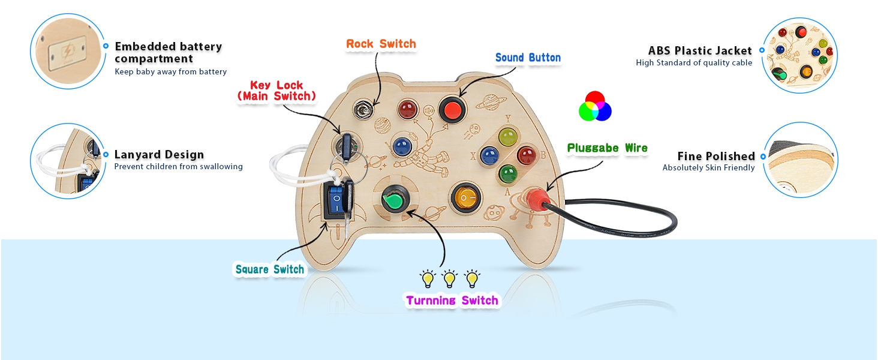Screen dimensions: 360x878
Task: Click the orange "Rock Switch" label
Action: coord(381,44)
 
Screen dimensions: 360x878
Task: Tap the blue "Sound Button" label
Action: coord(528,58)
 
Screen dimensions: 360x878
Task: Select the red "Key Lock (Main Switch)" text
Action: coord(276,91)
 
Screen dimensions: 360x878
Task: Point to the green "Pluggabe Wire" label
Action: coord(607,148)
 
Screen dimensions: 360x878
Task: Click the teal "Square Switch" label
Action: coord(270,270)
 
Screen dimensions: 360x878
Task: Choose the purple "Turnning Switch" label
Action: coord(452,301)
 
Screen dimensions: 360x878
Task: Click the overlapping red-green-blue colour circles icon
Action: coord(594,106)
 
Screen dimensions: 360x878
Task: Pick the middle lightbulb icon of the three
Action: coord(450,278)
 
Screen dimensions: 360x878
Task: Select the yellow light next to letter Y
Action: coord(507,137)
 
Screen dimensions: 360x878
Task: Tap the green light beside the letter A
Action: coord(508,173)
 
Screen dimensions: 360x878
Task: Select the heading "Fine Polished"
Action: coord(715,157)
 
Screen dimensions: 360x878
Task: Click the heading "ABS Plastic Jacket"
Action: coord(700,50)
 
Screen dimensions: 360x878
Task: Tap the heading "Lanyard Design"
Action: coord(159,155)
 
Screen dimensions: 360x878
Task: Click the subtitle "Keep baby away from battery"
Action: coord(170,72)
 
